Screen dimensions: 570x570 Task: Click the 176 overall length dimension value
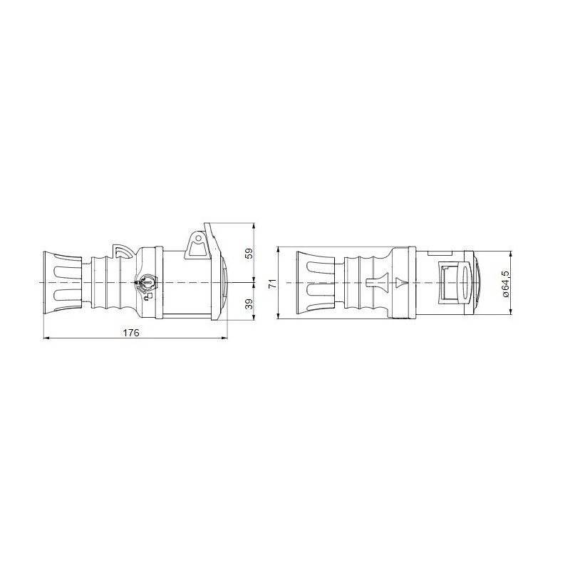130,333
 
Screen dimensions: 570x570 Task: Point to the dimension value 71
271,284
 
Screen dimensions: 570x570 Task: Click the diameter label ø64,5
505,284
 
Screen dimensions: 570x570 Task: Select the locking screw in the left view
145,282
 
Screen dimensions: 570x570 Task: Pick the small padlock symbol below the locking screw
147,295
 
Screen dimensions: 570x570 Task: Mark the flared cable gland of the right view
311,283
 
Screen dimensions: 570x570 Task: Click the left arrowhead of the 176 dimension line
47,338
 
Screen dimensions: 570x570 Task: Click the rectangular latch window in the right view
450,283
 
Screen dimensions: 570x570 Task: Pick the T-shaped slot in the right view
373,283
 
